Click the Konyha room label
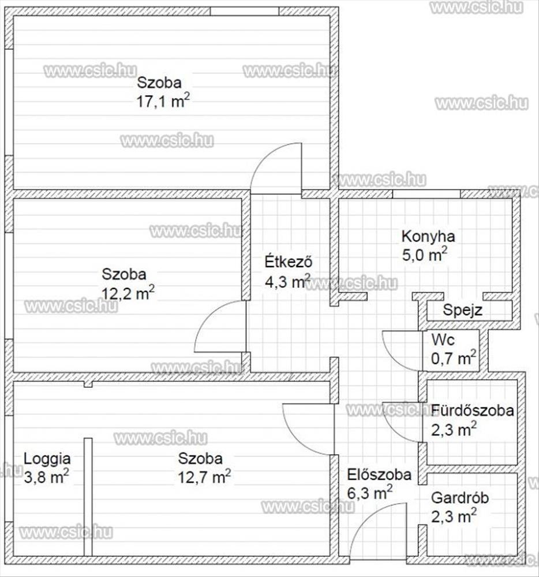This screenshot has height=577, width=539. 428,237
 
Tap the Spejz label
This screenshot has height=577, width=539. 462,310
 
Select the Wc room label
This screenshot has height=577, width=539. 443,340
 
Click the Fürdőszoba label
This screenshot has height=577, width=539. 473,410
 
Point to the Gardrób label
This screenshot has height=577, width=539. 460,498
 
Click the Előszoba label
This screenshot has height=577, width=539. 379,475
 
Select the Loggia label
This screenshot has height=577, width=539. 47,459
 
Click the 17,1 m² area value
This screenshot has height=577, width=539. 163,100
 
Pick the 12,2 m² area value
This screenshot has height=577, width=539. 128,293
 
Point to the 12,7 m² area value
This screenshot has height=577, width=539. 204,477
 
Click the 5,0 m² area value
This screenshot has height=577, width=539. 425,254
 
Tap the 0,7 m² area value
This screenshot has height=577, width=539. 454,358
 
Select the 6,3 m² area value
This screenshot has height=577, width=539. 370,492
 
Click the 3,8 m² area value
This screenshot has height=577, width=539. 46,477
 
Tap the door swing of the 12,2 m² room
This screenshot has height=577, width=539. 209,316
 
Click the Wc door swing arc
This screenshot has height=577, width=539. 393,358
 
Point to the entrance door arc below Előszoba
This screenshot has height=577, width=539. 366,518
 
